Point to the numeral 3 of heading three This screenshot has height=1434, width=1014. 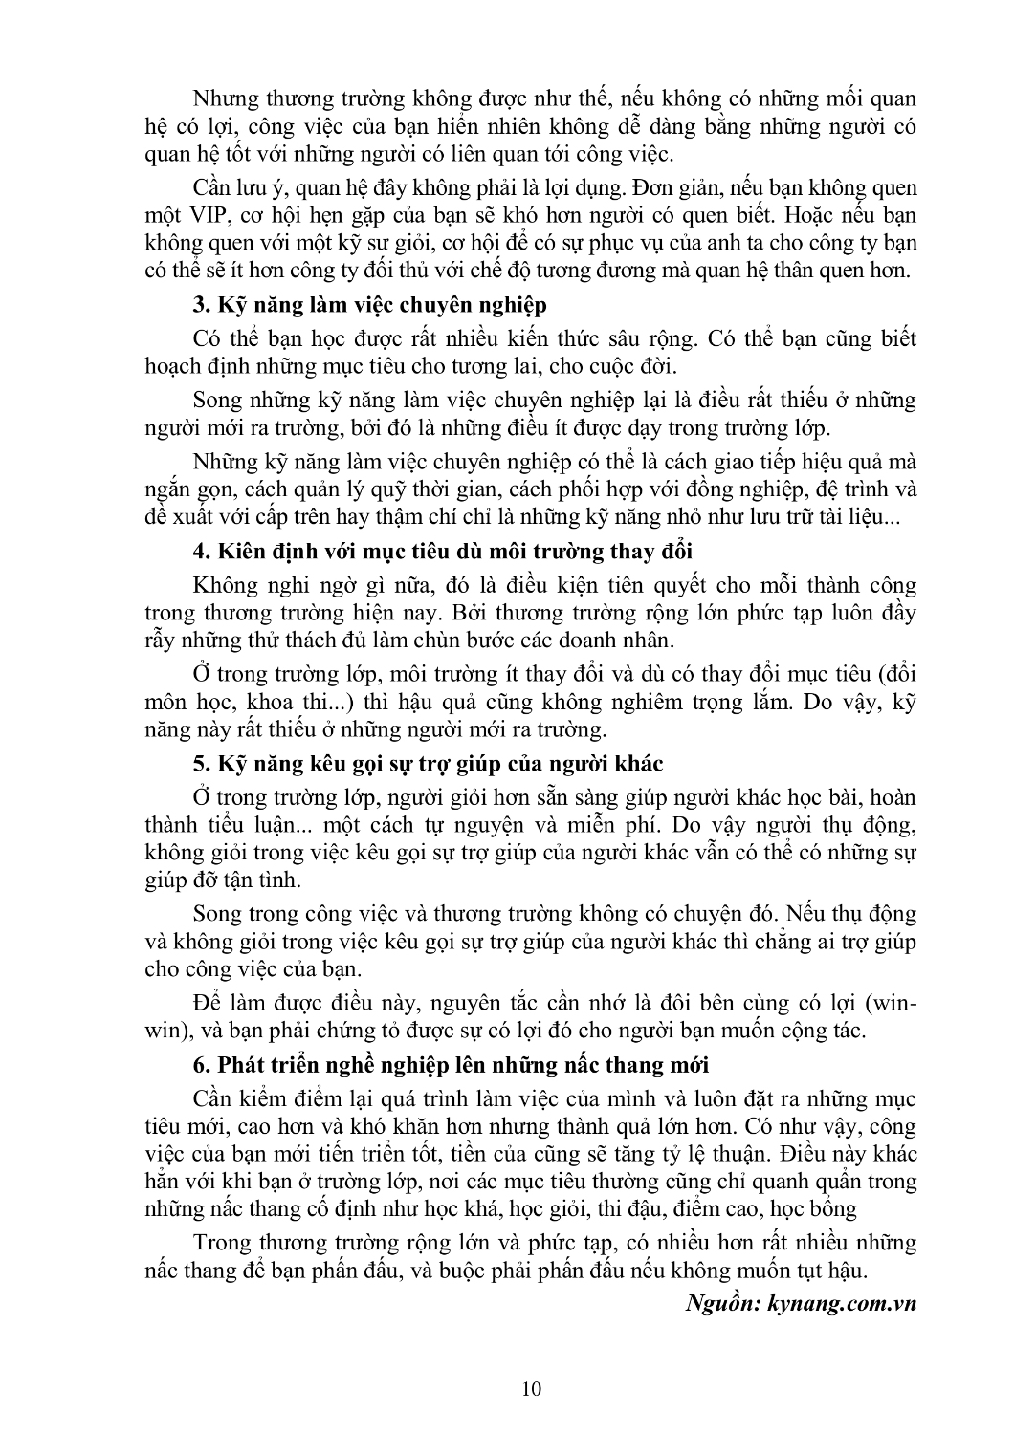pyautogui.click(x=199, y=305)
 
